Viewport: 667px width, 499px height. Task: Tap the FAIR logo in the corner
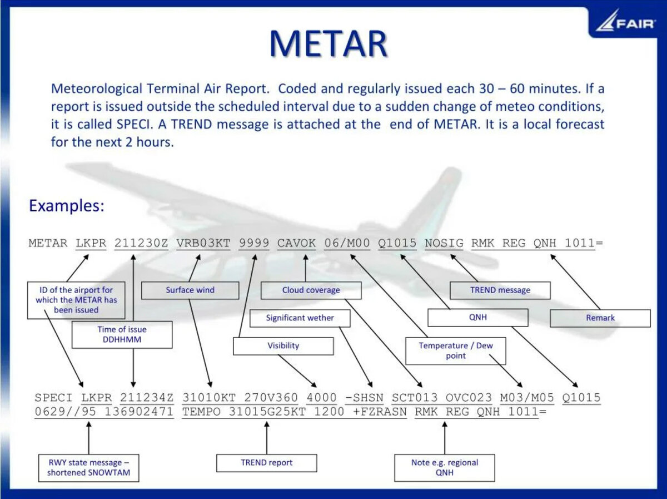[x=625, y=22]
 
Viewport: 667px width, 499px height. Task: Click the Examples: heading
[x=66, y=206]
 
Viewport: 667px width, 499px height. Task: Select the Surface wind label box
[x=190, y=290]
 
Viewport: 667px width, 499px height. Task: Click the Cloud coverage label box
[x=311, y=290]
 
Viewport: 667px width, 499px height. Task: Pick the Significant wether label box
[x=300, y=318]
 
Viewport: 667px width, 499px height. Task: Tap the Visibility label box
[x=283, y=345]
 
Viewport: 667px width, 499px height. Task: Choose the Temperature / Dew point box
[x=455, y=350]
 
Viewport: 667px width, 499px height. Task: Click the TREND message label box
[x=500, y=290]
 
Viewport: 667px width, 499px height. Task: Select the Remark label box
[x=600, y=318]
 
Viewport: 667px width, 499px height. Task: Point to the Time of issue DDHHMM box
[x=122, y=334]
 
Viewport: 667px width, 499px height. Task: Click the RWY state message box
[x=88, y=467]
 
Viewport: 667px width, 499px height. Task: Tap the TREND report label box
[x=266, y=462]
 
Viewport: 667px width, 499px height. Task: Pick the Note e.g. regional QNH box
[x=444, y=467]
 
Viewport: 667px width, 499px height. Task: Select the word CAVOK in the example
[x=296, y=243]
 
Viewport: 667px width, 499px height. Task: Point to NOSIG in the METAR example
[x=444, y=243]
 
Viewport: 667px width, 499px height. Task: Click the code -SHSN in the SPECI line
[x=364, y=398]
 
